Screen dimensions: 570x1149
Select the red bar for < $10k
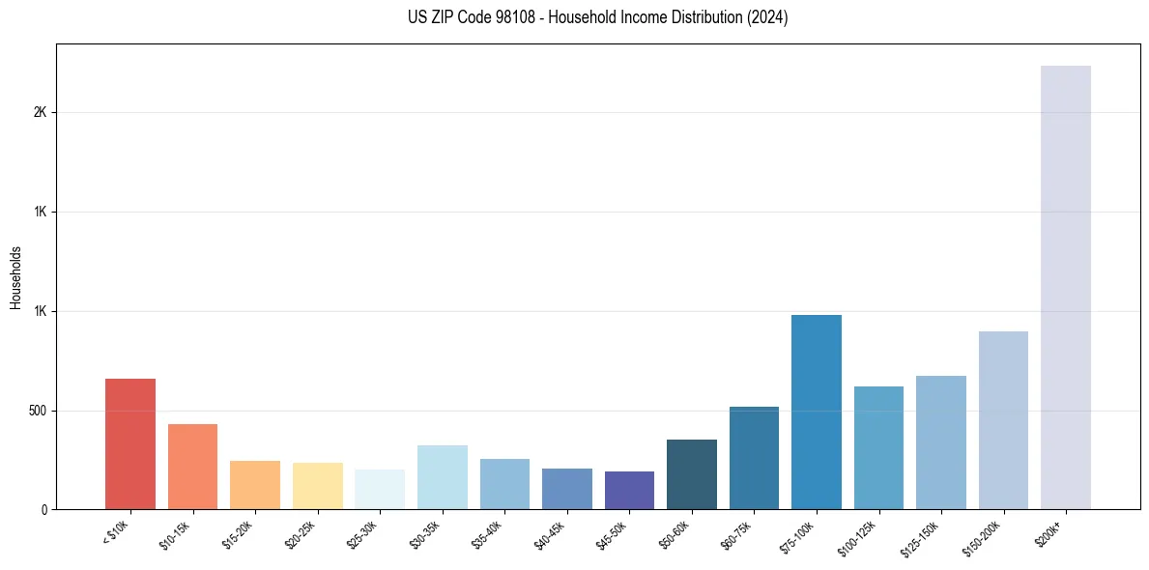coord(130,443)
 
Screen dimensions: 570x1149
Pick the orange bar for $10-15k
coord(192,466)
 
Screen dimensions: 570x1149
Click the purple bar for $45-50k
coord(629,490)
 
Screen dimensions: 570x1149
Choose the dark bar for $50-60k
coord(692,473)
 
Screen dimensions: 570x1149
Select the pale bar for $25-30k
coord(380,489)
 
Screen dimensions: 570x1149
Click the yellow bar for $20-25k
coord(318,485)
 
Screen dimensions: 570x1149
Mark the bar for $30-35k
coord(443,477)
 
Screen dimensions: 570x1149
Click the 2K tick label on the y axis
coord(41,112)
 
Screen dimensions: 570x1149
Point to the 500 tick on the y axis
coord(38,411)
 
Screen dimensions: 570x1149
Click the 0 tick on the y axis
coord(44,510)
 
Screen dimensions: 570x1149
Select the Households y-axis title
coord(15,277)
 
